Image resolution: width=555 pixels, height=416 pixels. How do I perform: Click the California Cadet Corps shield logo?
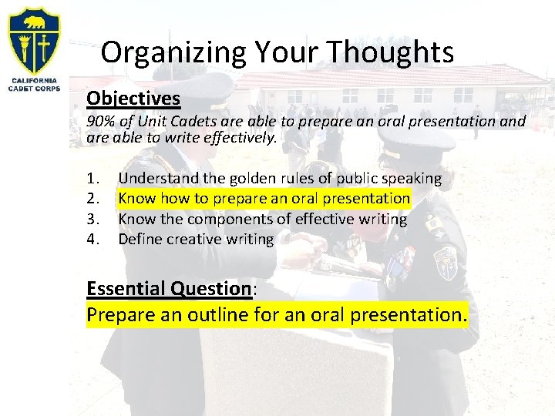click(34, 40)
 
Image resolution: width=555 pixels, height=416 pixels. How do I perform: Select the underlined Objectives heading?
click(133, 99)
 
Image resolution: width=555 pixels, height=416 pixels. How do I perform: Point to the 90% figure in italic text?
click(100, 121)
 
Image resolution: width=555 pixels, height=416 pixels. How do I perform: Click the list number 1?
click(92, 179)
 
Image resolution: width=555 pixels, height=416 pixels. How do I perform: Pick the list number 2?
click(92, 199)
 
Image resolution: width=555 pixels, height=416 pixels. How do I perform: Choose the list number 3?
click(92, 219)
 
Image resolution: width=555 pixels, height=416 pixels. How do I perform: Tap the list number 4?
click(92, 239)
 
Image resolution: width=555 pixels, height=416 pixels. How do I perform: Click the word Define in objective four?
click(140, 239)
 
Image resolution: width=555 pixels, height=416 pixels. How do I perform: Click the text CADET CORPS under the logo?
click(34, 87)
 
